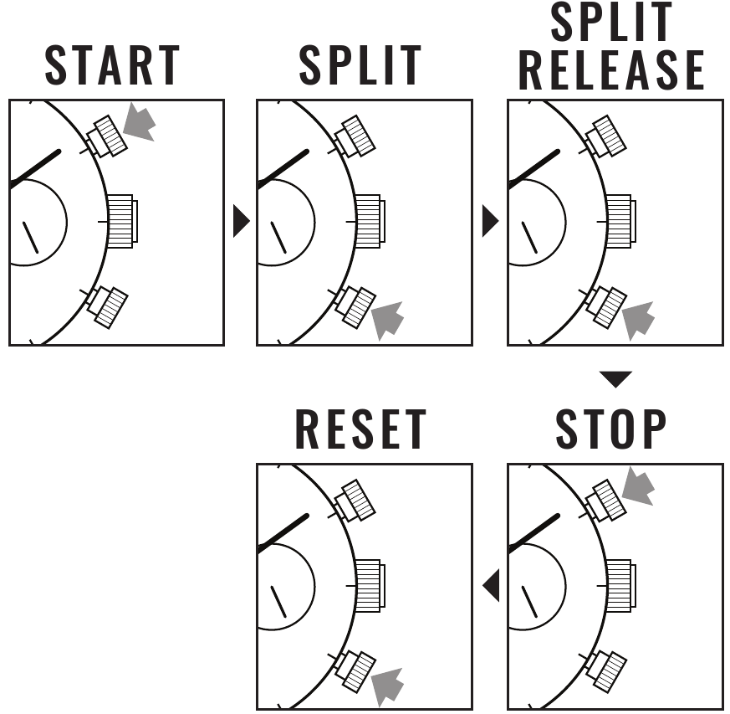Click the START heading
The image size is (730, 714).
point(112,65)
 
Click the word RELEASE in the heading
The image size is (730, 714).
point(611,70)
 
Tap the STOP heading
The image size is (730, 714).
point(611,429)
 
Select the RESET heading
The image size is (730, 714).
point(360,429)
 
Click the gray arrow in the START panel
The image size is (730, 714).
point(139,122)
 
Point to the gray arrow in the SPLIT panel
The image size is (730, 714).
point(388,321)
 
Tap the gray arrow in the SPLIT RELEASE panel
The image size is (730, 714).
point(638,321)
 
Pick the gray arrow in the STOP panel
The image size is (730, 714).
point(638,486)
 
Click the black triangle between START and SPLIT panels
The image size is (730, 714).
point(241,221)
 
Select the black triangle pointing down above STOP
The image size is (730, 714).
point(615,379)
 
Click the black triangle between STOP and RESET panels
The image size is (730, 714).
point(491,585)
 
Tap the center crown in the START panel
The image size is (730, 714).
point(122,221)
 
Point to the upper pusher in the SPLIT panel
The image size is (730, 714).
point(355,136)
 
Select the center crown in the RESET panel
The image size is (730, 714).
point(370,586)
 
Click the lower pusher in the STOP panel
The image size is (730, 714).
point(605,671)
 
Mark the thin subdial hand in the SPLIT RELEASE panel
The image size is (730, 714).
point(529,237)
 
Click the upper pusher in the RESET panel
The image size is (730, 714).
point(355,501)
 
